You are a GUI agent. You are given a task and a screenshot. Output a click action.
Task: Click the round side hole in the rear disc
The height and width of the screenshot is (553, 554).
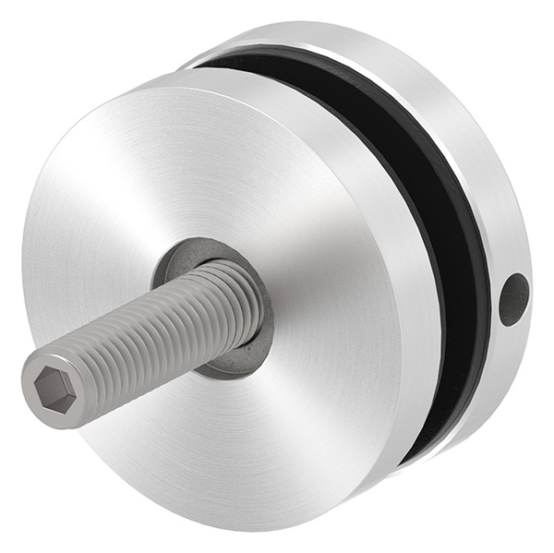(x=513, y=299)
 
